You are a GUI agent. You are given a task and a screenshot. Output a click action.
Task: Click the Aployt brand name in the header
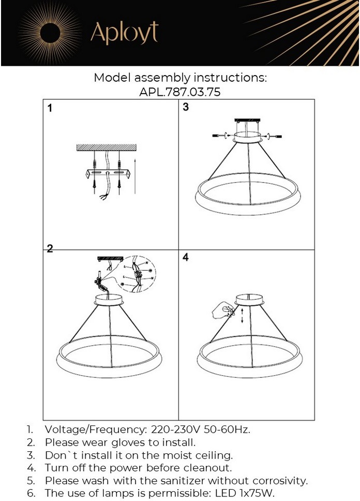pyautogui.click(x=124, y=33)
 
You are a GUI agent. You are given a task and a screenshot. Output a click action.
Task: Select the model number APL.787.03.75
pyautogui.click(x=180, y=92)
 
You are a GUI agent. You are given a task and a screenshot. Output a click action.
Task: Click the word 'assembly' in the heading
pyautogui.click(x=162, y=78)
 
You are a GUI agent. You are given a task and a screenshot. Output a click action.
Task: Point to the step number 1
pyautogui.click(x=50, y=108)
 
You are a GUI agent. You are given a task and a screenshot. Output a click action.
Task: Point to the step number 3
pyautogui.click(x=186, y=107)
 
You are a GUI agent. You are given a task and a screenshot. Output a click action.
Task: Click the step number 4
pyautogui.click(x=186, y=257)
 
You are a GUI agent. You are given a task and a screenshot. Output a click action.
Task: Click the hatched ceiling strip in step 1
pyautogui.click(x=107, y=148)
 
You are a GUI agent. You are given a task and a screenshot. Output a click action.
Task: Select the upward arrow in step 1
pyautogui.click(x=135, y=175)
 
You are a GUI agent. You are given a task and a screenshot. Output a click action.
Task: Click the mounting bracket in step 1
pyautogui.click(x=108, y=173)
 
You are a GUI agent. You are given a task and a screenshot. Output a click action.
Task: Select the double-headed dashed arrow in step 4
pyautogui.click(x=242, y=316)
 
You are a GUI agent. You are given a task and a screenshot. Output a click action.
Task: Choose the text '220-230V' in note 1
pyautogui.click(x=175, y=430)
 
